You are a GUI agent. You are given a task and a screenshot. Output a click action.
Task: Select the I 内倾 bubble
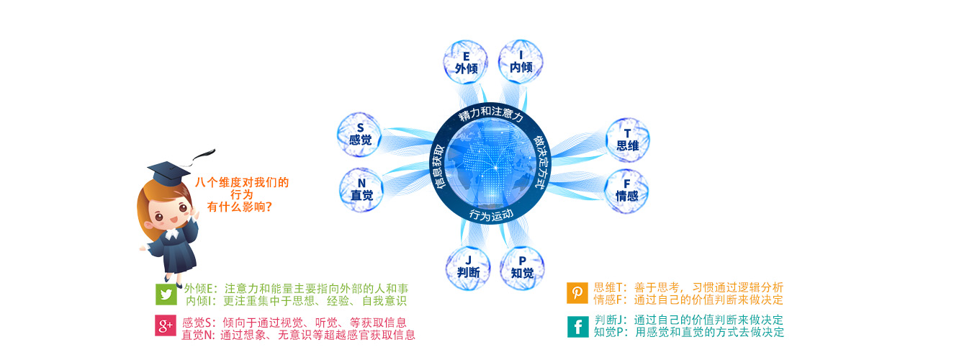521,61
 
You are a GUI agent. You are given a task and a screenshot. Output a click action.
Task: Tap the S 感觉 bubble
360,134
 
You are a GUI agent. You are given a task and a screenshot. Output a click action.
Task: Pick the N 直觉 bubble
361,189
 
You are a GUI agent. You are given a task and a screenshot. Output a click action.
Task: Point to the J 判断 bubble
468,267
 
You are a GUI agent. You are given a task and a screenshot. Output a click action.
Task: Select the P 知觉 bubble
522,268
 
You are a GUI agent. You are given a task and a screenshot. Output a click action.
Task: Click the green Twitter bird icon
166,294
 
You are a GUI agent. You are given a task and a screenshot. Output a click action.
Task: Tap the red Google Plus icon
166,325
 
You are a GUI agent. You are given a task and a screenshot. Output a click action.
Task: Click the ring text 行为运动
491,214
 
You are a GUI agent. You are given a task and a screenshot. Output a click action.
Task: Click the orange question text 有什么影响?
240,207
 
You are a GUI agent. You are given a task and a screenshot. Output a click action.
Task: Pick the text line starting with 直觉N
298,335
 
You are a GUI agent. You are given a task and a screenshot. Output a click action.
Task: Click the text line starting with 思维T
688,287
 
